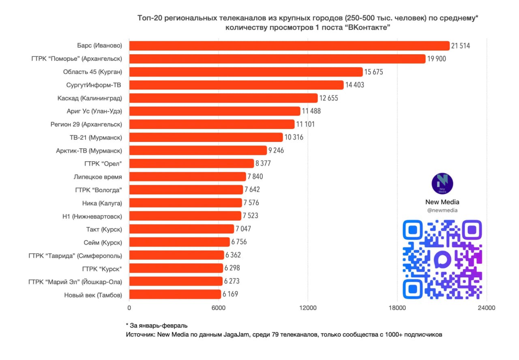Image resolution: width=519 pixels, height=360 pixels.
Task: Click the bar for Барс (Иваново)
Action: coord(289,46)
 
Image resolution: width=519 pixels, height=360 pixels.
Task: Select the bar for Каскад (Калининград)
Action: coord(223,98)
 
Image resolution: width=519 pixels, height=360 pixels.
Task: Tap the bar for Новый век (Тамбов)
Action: coord(175,294)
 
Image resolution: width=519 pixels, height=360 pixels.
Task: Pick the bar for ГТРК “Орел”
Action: coord(191,163)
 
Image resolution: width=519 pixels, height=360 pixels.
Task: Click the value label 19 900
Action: coord(436,59)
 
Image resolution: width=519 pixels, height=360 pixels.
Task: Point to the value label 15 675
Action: coord(373,72)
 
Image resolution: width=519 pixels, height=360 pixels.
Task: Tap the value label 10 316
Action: coord(294,137)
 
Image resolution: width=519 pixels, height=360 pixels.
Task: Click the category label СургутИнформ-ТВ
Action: coord(94,85)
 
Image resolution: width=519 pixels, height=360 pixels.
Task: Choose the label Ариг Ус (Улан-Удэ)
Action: coord(94,111)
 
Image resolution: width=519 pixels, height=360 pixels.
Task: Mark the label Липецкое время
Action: coord(98,177)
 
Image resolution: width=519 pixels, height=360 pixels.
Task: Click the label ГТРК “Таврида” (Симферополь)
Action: coord(75,255)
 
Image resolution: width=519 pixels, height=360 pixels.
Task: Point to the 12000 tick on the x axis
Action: coord(308,308)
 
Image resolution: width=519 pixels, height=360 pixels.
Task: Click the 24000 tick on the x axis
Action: coord(487,308)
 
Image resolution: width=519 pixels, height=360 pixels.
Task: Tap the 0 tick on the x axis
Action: coord(129,308)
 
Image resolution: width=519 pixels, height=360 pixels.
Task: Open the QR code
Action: coord(442,259)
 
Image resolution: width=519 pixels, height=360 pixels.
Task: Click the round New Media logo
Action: coord(442,184)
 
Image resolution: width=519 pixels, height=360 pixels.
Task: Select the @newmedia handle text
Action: coord(442,210)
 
